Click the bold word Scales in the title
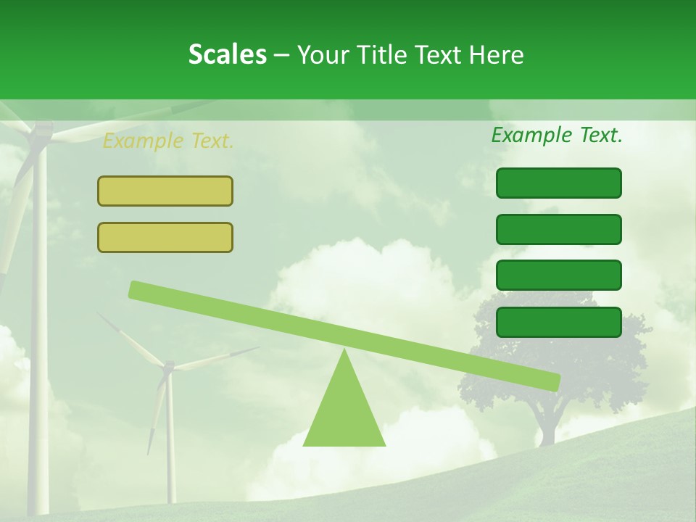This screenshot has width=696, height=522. coord(227,54)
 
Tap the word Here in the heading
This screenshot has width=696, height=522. coord(496,54)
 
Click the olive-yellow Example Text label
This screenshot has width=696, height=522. coord(167,141)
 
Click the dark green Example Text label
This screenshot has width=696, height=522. coord(557,135)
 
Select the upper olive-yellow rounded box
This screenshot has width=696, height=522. coord(165,191)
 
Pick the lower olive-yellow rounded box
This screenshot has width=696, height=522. coord(165,237)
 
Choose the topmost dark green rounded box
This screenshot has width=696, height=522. coord(559,183)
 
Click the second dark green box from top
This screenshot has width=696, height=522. coord(559,229)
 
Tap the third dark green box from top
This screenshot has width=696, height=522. coord(559,275)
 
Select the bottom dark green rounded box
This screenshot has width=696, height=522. coord(559,322)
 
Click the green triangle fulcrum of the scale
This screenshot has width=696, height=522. coord(344,413)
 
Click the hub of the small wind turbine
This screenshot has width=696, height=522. coord(168,368)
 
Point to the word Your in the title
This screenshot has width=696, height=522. coord(324,54)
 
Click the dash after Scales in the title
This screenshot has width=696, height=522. coord(281,54)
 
